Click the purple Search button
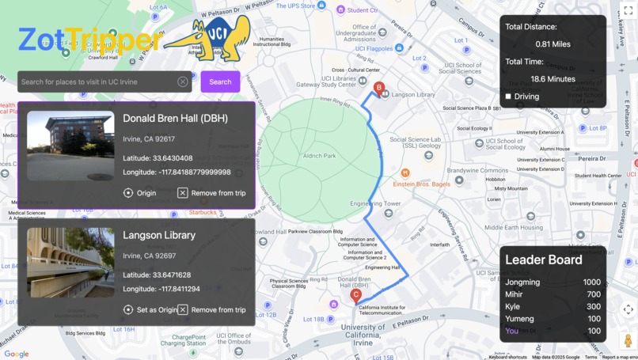click(x=220, y=81)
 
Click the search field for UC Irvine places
click(x=95, y=81)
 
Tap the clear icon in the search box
click(x=183, y=81)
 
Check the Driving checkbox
click(x=508, y=97)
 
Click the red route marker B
click(x=379, y=88)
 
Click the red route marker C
click(x=356, y=296)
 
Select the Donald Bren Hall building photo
click(x=70, y=146)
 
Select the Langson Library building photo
click(x=70, y=263)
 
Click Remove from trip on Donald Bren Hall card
click(x=211, y=193)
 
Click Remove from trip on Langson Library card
click(x=211, y=310)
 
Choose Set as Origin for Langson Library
click(x=150, y=310)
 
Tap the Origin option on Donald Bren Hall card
click(x=140, y=193)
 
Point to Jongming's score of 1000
click(x=591, y=282)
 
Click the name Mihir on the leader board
click(x=515, y=294)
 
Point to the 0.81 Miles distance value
click(x=553, y=44)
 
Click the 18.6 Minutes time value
click(x=553, y=79)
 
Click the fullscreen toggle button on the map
click(x=628, y=10)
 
